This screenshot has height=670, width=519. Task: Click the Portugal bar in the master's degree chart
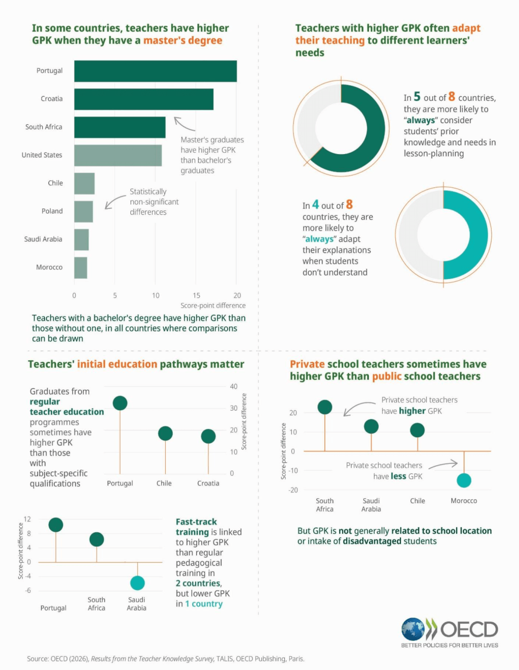pyautogui.click(x=155, y=71)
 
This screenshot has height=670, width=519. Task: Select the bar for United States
pyautogui.click(x=118, y=156)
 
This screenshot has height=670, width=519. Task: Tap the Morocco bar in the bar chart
pyautogui.click(x=81, y=268)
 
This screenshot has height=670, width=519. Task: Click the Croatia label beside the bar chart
pyautogui.click(x=52, y=99)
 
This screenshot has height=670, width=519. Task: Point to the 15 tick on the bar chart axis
pyautogui.click(x=196, y=295)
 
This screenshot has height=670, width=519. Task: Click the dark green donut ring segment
pyautogui.click(x=370, y=145)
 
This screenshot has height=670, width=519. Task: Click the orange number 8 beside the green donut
pyautogui.click(x=452, y=96)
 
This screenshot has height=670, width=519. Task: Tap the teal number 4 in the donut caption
pyautogui.click(x=315, y=204)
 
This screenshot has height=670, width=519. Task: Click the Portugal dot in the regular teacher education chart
pyautogui.click(x=120, y=403)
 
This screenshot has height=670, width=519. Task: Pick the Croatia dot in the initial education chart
pyautogui.click(x=208, y=436)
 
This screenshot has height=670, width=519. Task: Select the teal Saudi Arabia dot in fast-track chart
pyautogui.click(x=137, y=583)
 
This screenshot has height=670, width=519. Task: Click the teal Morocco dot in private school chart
pyautogui.click(x=464, y=480)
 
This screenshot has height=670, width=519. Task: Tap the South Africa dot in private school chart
pyautogui.click(x=324, y=407)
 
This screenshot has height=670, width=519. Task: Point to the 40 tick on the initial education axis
pyautogui.click(x=234, y=386)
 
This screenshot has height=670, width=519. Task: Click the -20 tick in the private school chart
pyautogui.click(x=293, y=490)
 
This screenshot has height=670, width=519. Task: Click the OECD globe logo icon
pyautogui.click(x=413, y=628)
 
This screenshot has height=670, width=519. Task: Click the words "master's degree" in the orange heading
pyautogui.click(x=183, y=41)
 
